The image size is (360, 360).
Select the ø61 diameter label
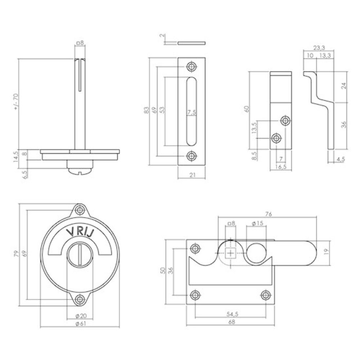[81, 323]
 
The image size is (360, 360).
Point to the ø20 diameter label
[81, 316]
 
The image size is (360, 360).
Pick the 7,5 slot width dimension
[192, 112]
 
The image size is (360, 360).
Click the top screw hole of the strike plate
[192, 67]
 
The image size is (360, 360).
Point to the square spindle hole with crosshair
[230, 253]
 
